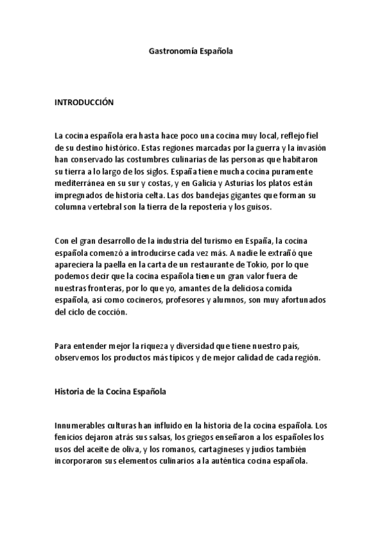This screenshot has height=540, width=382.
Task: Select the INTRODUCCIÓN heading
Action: (x=84, y=101)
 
